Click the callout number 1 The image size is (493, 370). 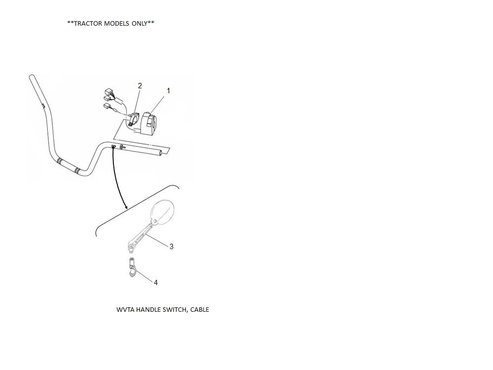click(168, 91)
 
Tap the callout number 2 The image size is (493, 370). click(140, 86)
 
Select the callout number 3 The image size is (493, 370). click(172, 247)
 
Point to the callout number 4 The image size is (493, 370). click(156, 283)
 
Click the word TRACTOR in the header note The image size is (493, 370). click(88, 24)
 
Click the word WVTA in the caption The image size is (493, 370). click(125, 310)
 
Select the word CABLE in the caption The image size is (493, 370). click(200, 310)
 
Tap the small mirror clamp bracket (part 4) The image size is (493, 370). click(132, 271)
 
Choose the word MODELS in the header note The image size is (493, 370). click(117, 24)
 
